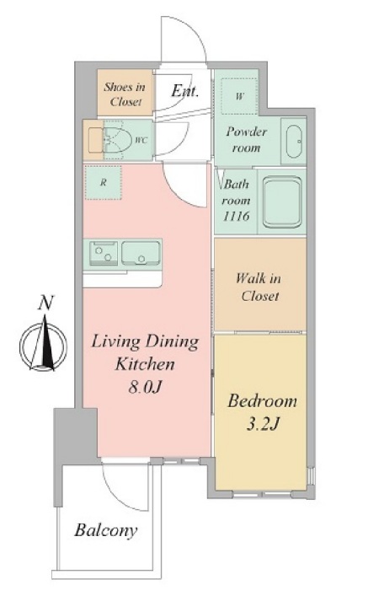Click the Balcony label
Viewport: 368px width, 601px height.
106,530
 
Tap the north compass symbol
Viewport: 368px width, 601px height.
43,343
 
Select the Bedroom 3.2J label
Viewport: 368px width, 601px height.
262,412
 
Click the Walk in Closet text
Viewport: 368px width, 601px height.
259,287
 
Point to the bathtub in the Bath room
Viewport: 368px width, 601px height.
283,201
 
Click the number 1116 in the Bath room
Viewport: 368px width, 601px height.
237,216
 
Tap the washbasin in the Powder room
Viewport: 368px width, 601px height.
294,141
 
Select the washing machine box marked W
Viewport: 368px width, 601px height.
239,96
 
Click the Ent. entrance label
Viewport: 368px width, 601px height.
185,91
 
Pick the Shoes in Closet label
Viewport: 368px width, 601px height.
125,94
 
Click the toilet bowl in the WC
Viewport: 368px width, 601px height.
117,140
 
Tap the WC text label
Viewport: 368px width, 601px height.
141,140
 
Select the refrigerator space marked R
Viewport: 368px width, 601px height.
103,182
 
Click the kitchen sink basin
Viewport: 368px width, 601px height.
141,253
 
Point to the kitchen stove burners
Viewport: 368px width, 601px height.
104,253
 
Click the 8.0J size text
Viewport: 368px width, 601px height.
145,388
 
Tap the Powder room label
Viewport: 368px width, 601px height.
246,140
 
